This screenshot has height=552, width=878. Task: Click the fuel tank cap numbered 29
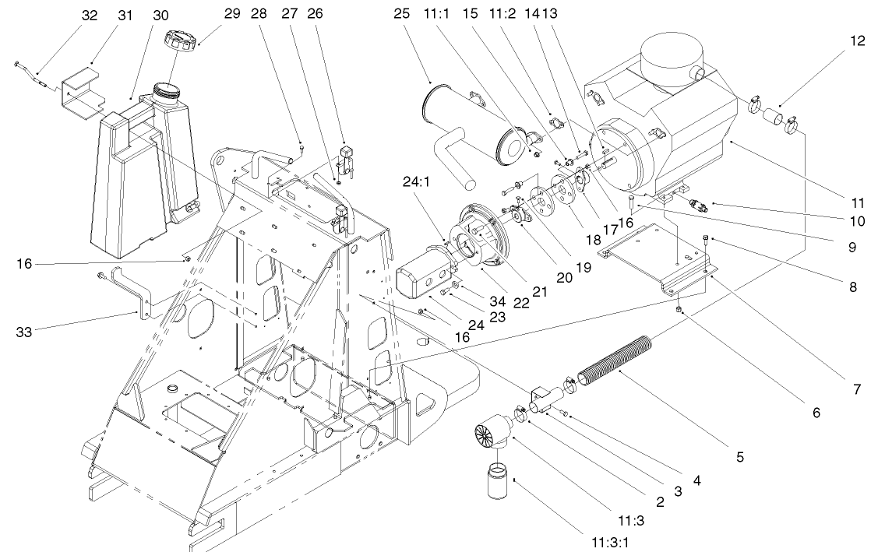click(x=183, y=42)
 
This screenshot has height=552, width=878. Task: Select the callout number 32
click(x=90, y=15)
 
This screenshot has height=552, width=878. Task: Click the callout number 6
click(x=816, y=413)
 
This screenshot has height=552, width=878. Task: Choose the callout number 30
click(x=160, y=15)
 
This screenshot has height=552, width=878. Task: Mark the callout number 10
click(x=856, y=221)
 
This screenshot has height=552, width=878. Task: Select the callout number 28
click(x=259, y=15)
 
